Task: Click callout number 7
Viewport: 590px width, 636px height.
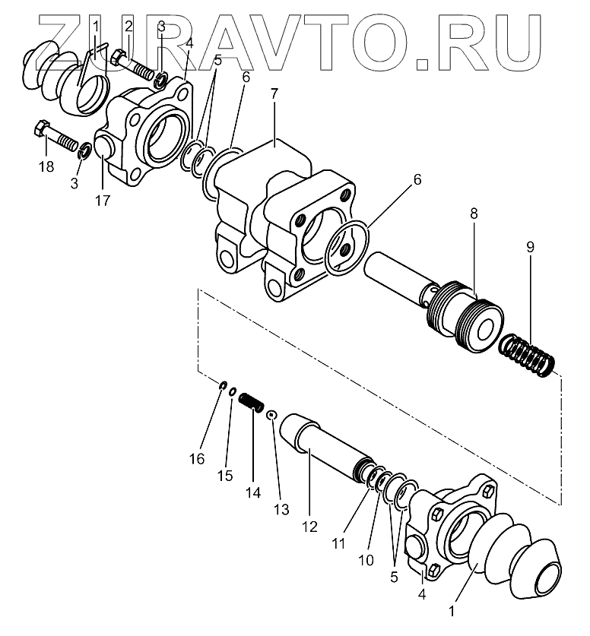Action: (x=274, y=94)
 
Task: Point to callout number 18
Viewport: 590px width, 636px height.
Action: (x=46, y=166)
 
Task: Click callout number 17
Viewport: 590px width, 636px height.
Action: (x=103, y=201)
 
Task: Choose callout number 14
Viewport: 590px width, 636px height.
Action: (x=252, y=492)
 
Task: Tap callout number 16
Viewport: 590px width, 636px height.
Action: (x=198, y=459)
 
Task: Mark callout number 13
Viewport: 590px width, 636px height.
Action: (x=281, y=509)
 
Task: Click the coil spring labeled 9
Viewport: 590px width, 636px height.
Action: (x=528, y=355)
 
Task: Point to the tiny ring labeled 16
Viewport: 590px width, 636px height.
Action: (x=221, y=386)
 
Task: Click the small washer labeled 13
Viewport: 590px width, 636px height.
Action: (x=271, y=413)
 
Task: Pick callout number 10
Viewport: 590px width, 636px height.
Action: (x=366, y=561)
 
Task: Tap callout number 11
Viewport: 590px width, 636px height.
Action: (x=338, y=543)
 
